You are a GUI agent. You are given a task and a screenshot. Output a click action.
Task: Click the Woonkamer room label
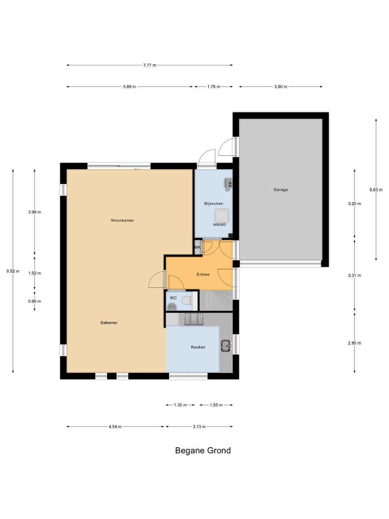point(122,220)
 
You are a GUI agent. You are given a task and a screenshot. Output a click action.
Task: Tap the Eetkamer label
point(109,323)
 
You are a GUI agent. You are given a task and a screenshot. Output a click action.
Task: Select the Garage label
point(281,190)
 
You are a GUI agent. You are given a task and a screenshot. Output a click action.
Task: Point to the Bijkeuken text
point(214,204)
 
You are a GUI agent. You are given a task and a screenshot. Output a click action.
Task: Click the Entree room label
point(203,275)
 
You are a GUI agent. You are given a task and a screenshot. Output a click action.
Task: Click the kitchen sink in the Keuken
point(227,346)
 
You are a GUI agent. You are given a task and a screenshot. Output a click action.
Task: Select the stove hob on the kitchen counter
point(194,319)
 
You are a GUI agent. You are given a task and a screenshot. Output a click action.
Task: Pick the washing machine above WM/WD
point(222,216)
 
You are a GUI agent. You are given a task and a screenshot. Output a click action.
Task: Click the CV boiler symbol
point(228,182)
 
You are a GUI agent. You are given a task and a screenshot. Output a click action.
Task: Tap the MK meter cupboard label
point(197,247)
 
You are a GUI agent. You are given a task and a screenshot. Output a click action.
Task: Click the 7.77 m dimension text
point(149,65)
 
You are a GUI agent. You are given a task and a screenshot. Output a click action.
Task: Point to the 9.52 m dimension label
point(13,271)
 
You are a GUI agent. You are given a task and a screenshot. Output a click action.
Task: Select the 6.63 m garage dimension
point(376,190)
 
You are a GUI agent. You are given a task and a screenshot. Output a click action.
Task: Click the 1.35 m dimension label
point(180,405)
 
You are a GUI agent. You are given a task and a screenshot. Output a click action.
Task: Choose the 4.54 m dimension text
point(115,427)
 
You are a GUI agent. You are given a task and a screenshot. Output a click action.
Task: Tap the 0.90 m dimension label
point(35,301)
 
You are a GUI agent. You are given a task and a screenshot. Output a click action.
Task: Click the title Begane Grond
point(203,451)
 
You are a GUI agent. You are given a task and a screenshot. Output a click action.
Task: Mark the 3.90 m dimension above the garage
point(281,87)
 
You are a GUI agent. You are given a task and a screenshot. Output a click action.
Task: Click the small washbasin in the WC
point(172,307)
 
